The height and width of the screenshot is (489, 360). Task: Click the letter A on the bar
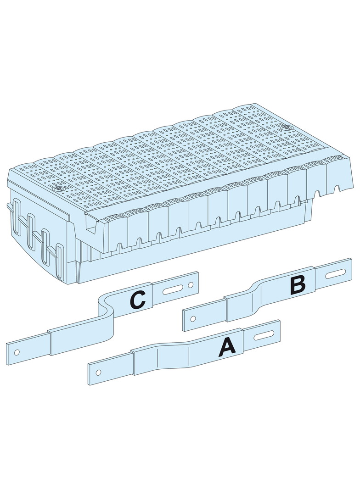coord(227,347)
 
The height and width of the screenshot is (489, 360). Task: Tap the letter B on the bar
coord(298,286)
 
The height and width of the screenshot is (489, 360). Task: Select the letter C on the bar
coord(138,300)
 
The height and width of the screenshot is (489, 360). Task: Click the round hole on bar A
coord(98,372)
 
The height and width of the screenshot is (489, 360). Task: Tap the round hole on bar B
coord(193,318)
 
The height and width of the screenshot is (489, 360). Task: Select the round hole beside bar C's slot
coord(190,285)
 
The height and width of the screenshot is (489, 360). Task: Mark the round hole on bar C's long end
coord(17,352)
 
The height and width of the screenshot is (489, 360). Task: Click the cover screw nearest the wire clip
coord(58,189)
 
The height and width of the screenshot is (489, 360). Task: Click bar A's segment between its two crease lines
coord(173,354)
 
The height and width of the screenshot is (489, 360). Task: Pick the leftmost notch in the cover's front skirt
coord(119,246)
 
